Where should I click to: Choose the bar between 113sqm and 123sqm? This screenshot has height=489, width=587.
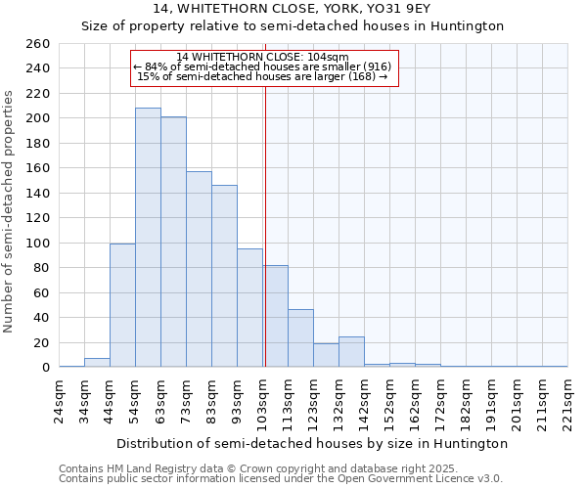click(x=300, y=338)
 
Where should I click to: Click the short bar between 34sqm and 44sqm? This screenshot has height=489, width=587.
click(x=97, y=363)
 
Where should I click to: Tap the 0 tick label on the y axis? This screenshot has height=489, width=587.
click(x=45, y=368)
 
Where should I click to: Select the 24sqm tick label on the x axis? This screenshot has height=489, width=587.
click(x=60, y=399)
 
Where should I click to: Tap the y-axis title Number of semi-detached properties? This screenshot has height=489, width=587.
click(x=10, y=211)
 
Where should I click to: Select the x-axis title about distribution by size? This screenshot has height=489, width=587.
click(x=311, y=443)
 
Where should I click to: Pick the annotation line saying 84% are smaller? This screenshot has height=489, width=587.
click(x=261, y=67)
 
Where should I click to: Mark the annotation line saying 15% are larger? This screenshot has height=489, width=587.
click(x=262, y=76)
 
